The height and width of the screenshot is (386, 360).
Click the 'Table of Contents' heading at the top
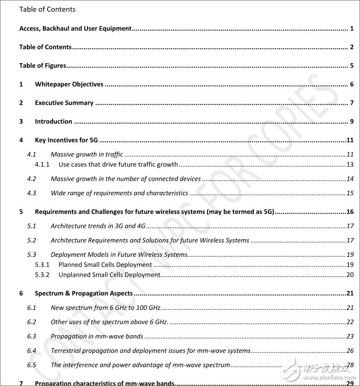47,9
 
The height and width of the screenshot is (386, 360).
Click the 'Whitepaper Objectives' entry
69,84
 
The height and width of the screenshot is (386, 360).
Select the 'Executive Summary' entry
64,103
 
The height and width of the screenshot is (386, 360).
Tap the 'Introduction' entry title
53,122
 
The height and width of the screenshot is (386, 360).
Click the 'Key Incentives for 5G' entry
65,140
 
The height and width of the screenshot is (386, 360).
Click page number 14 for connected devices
349,179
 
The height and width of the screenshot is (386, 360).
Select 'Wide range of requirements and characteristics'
119,193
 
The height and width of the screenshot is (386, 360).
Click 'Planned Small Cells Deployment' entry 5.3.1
105,265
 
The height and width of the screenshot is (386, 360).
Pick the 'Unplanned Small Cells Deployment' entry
109,275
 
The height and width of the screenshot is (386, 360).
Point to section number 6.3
32,337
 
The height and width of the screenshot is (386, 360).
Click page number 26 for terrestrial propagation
349,351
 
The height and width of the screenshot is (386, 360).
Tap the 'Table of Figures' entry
42,66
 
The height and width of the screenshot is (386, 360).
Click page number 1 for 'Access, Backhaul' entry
351,28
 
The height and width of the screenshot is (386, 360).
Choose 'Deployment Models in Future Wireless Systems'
119,255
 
